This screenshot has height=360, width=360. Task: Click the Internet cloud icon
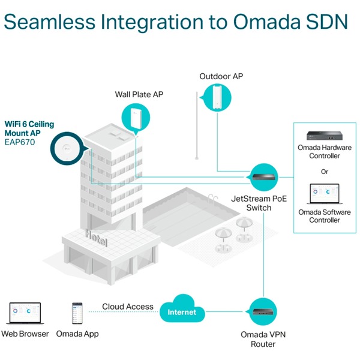tap(181, 312)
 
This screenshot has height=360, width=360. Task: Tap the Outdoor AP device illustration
tap(216, 97)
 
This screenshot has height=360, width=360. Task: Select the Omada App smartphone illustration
tap(77, 313)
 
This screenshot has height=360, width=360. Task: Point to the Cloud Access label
tap(127, 307)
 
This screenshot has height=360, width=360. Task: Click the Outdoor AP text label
tap(221, 76)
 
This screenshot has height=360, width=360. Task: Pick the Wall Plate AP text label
tap(139, 94)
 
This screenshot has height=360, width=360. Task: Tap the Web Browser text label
tap(25, 334)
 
